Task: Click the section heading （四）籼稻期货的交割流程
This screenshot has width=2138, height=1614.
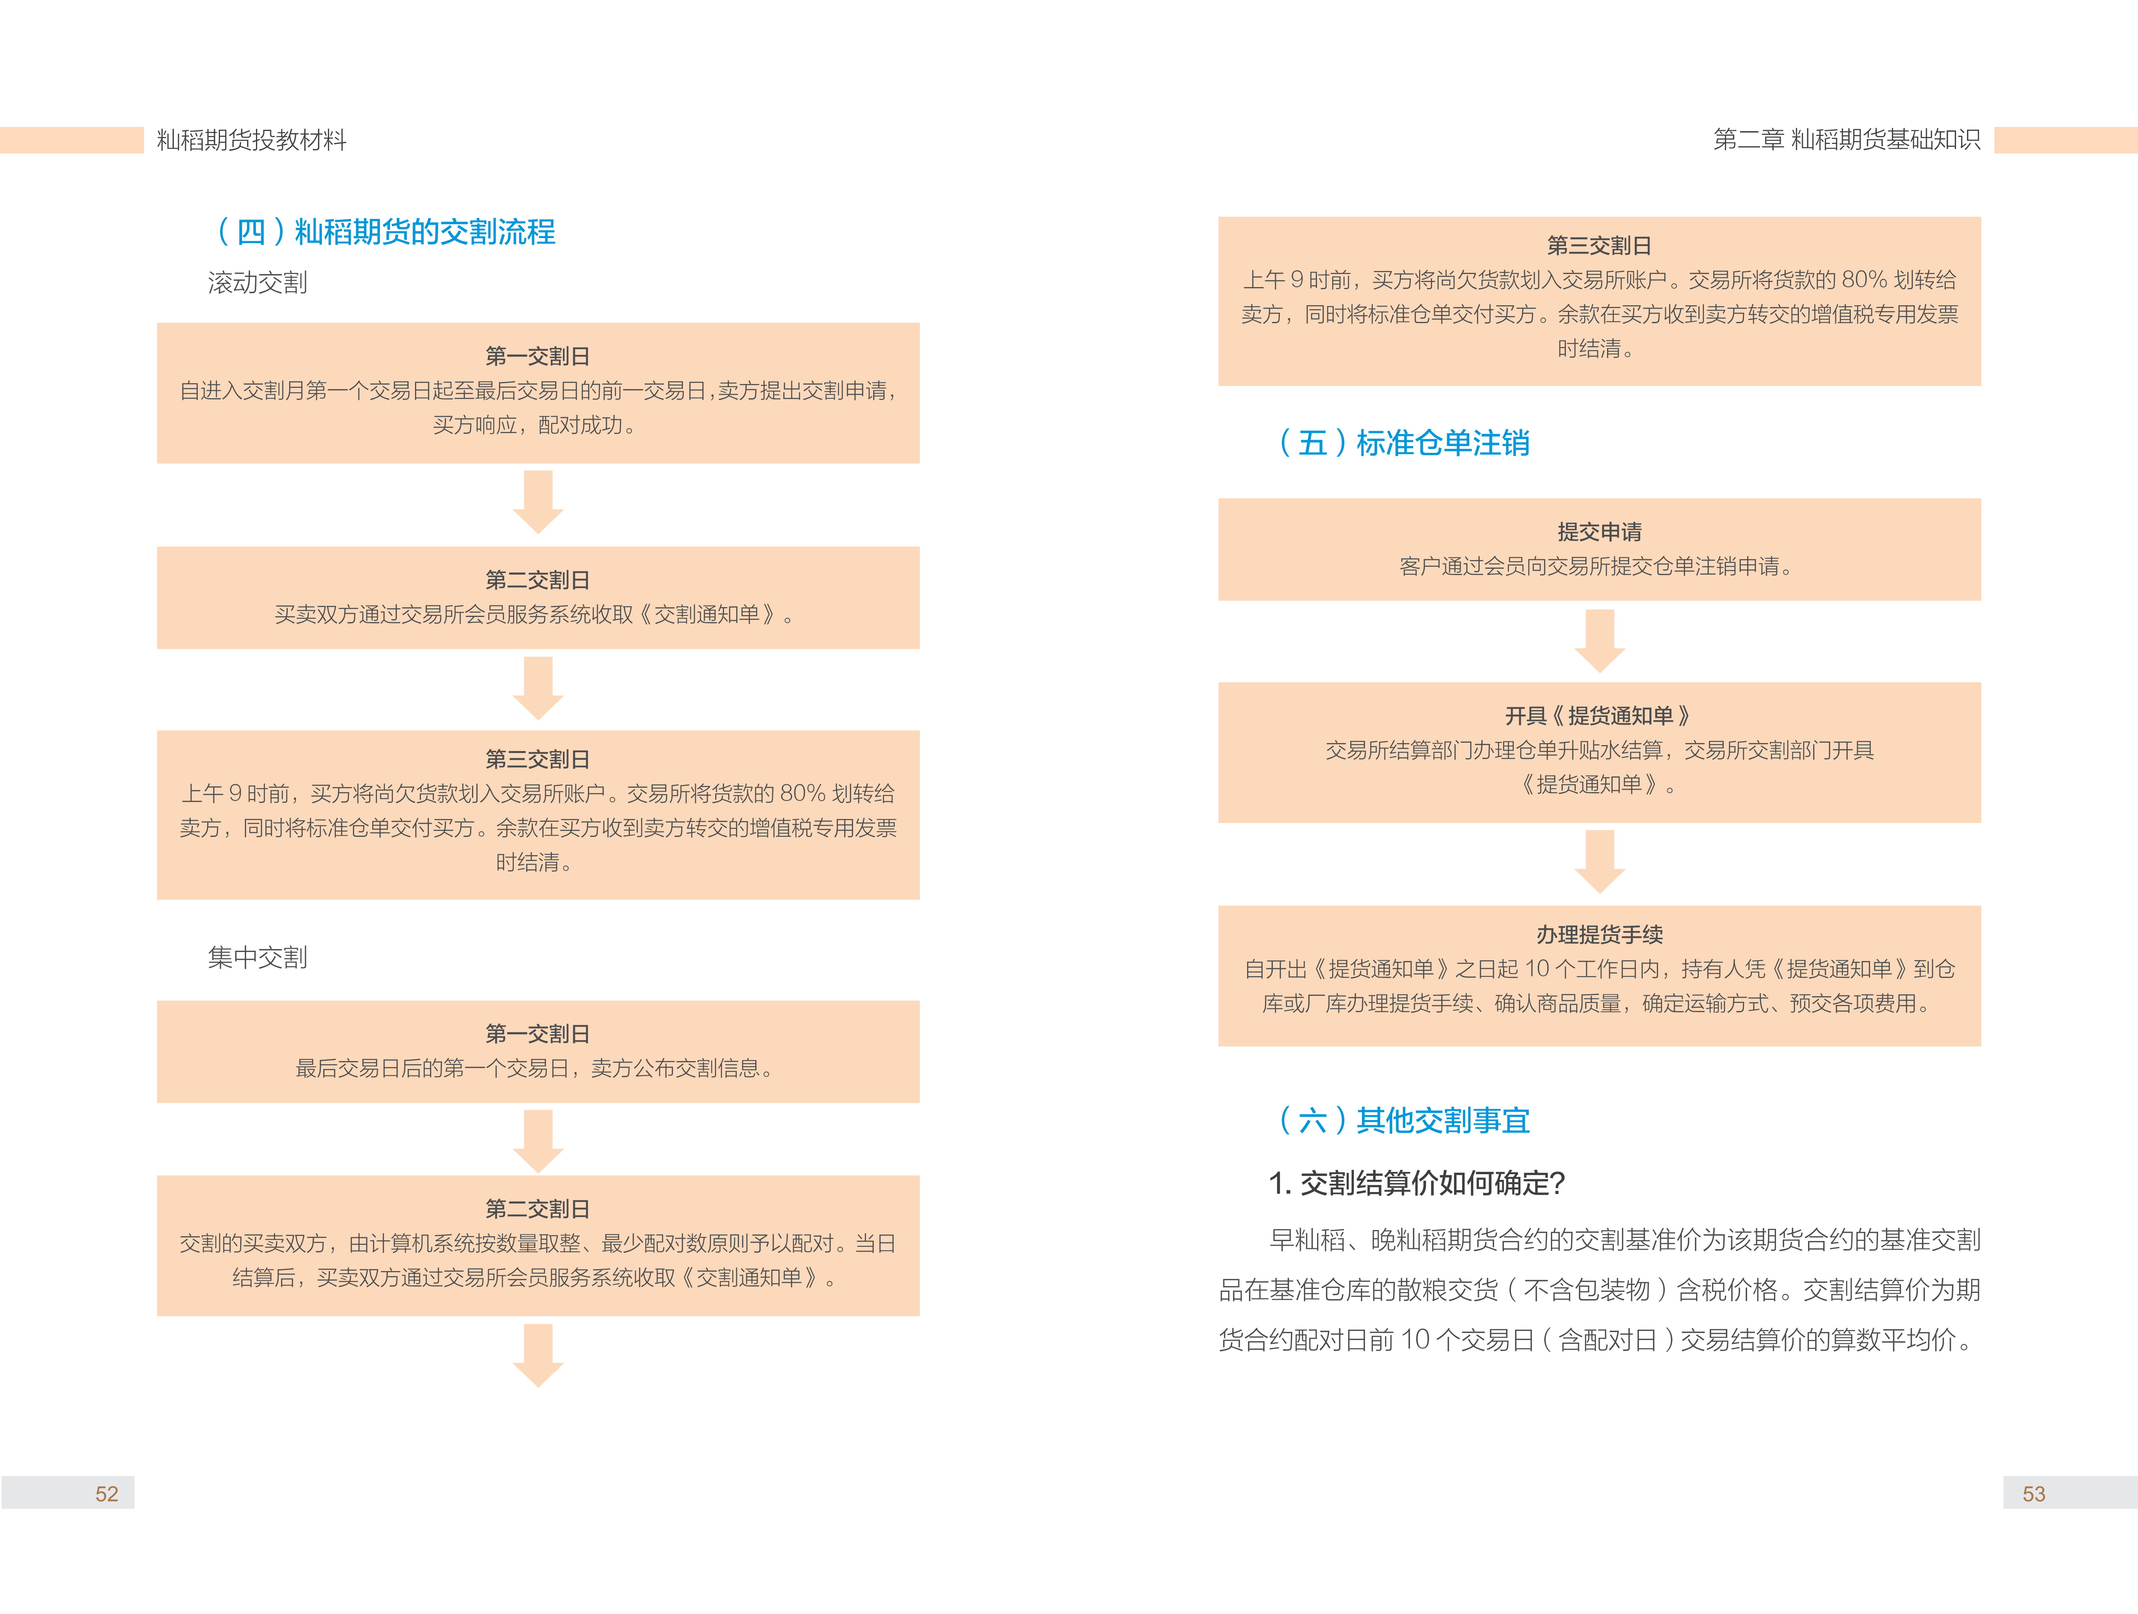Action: point(386,232)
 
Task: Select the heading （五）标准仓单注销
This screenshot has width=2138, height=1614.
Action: point(1403,443)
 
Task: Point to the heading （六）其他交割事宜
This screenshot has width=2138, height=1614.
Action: point(1403,1120)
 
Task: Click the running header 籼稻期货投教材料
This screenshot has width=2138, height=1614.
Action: point(251,140)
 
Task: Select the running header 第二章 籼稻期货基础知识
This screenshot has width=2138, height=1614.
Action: point(1846,140)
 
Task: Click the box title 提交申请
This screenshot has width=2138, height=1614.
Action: point(1600,532)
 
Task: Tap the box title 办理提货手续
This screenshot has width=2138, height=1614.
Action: point(1600,935)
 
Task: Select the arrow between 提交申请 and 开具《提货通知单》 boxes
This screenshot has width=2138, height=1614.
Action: point(1600,641)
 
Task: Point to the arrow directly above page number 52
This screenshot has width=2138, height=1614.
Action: point(538,1356)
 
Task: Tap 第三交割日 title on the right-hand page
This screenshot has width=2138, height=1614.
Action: point(1600,246)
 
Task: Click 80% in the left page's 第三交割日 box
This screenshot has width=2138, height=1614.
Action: point(802,793)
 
